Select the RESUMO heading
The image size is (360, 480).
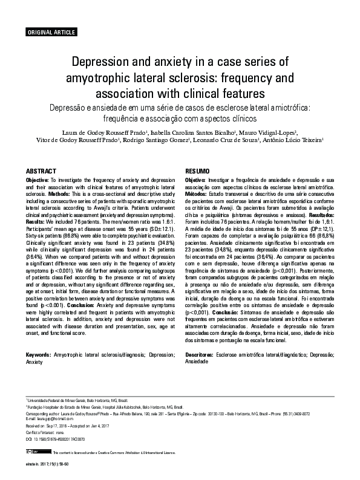click(x=197, y=171)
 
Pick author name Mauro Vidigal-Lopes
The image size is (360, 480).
click(x=274, y=132)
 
